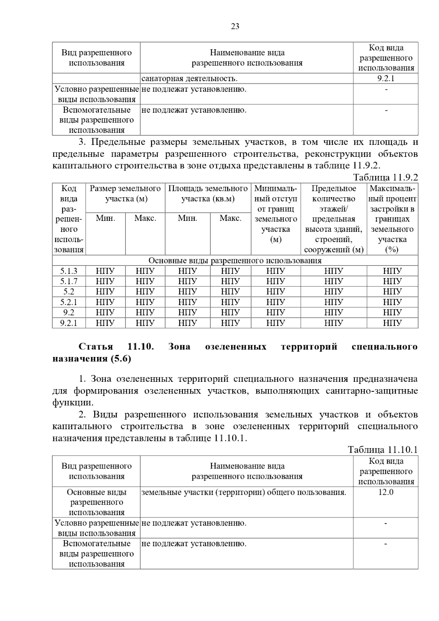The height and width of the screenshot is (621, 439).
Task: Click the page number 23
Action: [235, 26]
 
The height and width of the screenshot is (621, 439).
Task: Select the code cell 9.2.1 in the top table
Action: [386, 79]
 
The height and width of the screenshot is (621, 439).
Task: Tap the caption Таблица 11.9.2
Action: [385, 178]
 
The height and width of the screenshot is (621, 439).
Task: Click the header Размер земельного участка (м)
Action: [125, 194]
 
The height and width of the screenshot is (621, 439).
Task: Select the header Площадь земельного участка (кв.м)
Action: [208, 194]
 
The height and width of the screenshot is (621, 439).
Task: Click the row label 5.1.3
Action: [69, 271]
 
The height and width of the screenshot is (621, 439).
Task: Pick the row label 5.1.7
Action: [69, 281]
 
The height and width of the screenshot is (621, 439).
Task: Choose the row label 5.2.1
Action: [69, 302]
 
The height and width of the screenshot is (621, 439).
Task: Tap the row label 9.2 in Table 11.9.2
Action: [69, 312]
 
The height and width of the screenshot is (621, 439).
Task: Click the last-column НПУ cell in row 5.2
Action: [392, 291]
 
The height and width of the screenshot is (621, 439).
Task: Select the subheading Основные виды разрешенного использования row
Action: [235, 261]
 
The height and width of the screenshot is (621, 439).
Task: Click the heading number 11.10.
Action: [140, 347]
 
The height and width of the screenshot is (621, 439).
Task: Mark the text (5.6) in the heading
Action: [120, 359]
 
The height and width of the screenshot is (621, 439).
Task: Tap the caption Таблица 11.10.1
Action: [382, 450]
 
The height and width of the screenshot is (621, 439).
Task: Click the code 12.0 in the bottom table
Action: [386, 492]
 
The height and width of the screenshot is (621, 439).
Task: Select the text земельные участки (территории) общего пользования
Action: [244, 492]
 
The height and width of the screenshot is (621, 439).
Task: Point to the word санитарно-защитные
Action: [371, 391]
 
